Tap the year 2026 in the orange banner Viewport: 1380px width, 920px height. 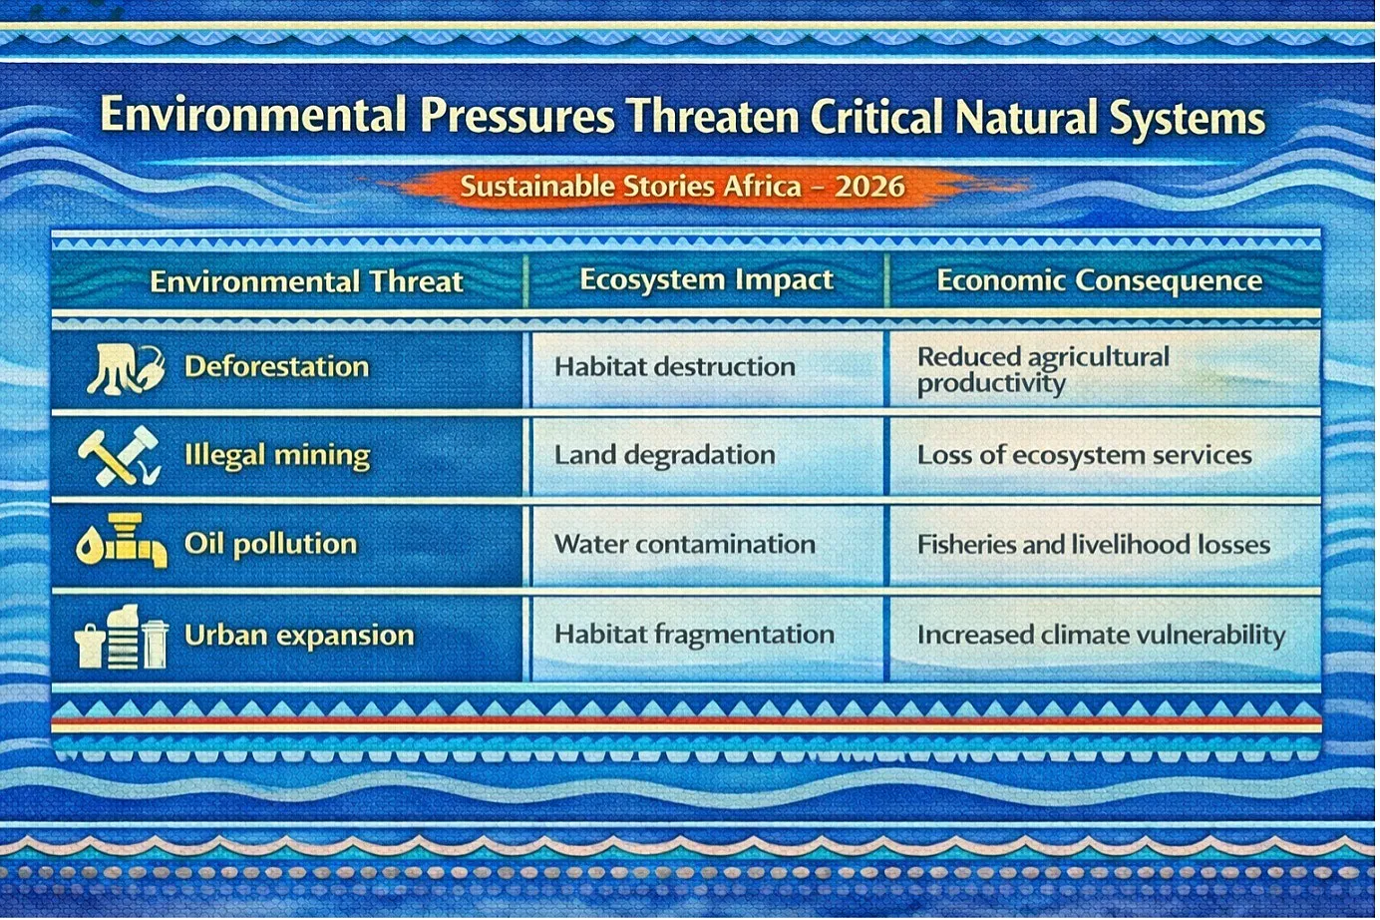869,187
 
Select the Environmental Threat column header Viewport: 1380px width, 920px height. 306,281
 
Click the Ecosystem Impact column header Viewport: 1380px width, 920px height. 706,280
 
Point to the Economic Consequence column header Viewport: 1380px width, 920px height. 1100,280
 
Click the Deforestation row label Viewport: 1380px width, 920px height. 276,366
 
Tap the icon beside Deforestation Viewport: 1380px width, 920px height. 126,369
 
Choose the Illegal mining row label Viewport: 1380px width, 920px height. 277,456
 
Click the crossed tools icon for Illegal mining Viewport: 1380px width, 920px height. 120,456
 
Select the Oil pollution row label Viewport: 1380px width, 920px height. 270,544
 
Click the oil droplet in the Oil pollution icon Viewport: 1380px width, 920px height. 89,547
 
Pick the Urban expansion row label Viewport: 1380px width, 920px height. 299,635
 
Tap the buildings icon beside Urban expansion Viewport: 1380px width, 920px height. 122,637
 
